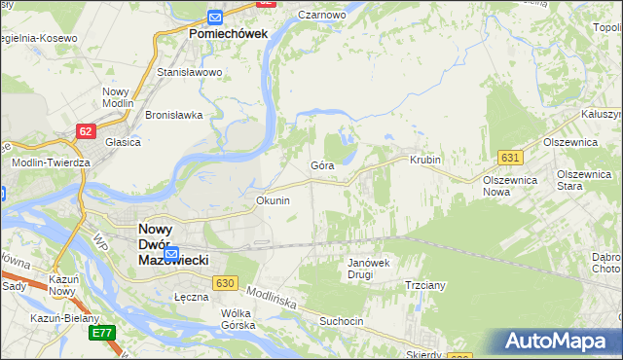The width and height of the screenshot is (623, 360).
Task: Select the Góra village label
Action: [x=322, y=165]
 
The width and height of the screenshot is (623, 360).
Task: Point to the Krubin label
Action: [x=425, y=160]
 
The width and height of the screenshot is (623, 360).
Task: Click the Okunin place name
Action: [x=273, y=200]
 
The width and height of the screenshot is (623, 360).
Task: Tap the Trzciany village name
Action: [x=424, y=285]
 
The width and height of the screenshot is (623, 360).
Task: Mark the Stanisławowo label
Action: [x=190, y=72]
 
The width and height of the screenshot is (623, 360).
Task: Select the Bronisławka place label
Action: [x=173, y=114]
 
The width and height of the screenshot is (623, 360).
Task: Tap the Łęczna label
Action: [x=192, y=297]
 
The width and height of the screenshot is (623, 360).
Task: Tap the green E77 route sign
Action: [x=102, y=333]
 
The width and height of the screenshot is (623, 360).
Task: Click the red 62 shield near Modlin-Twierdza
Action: [x=87, y=129]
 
